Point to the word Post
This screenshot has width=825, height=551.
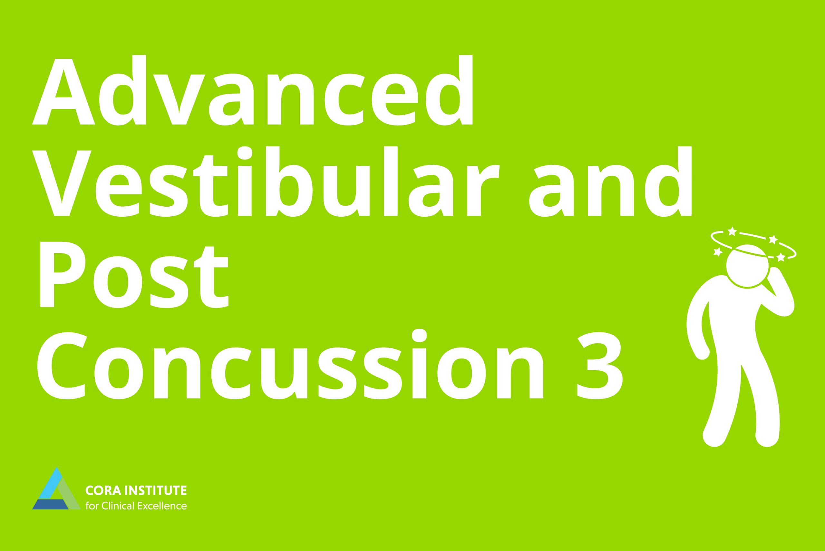point(134,275)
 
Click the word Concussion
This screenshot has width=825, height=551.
point(290,367)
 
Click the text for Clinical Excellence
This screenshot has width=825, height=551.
point(136,506)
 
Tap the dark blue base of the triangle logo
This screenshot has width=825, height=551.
point(51,504)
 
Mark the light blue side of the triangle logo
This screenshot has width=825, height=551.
point(51,484)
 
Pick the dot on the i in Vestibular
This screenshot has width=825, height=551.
point(245,153)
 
